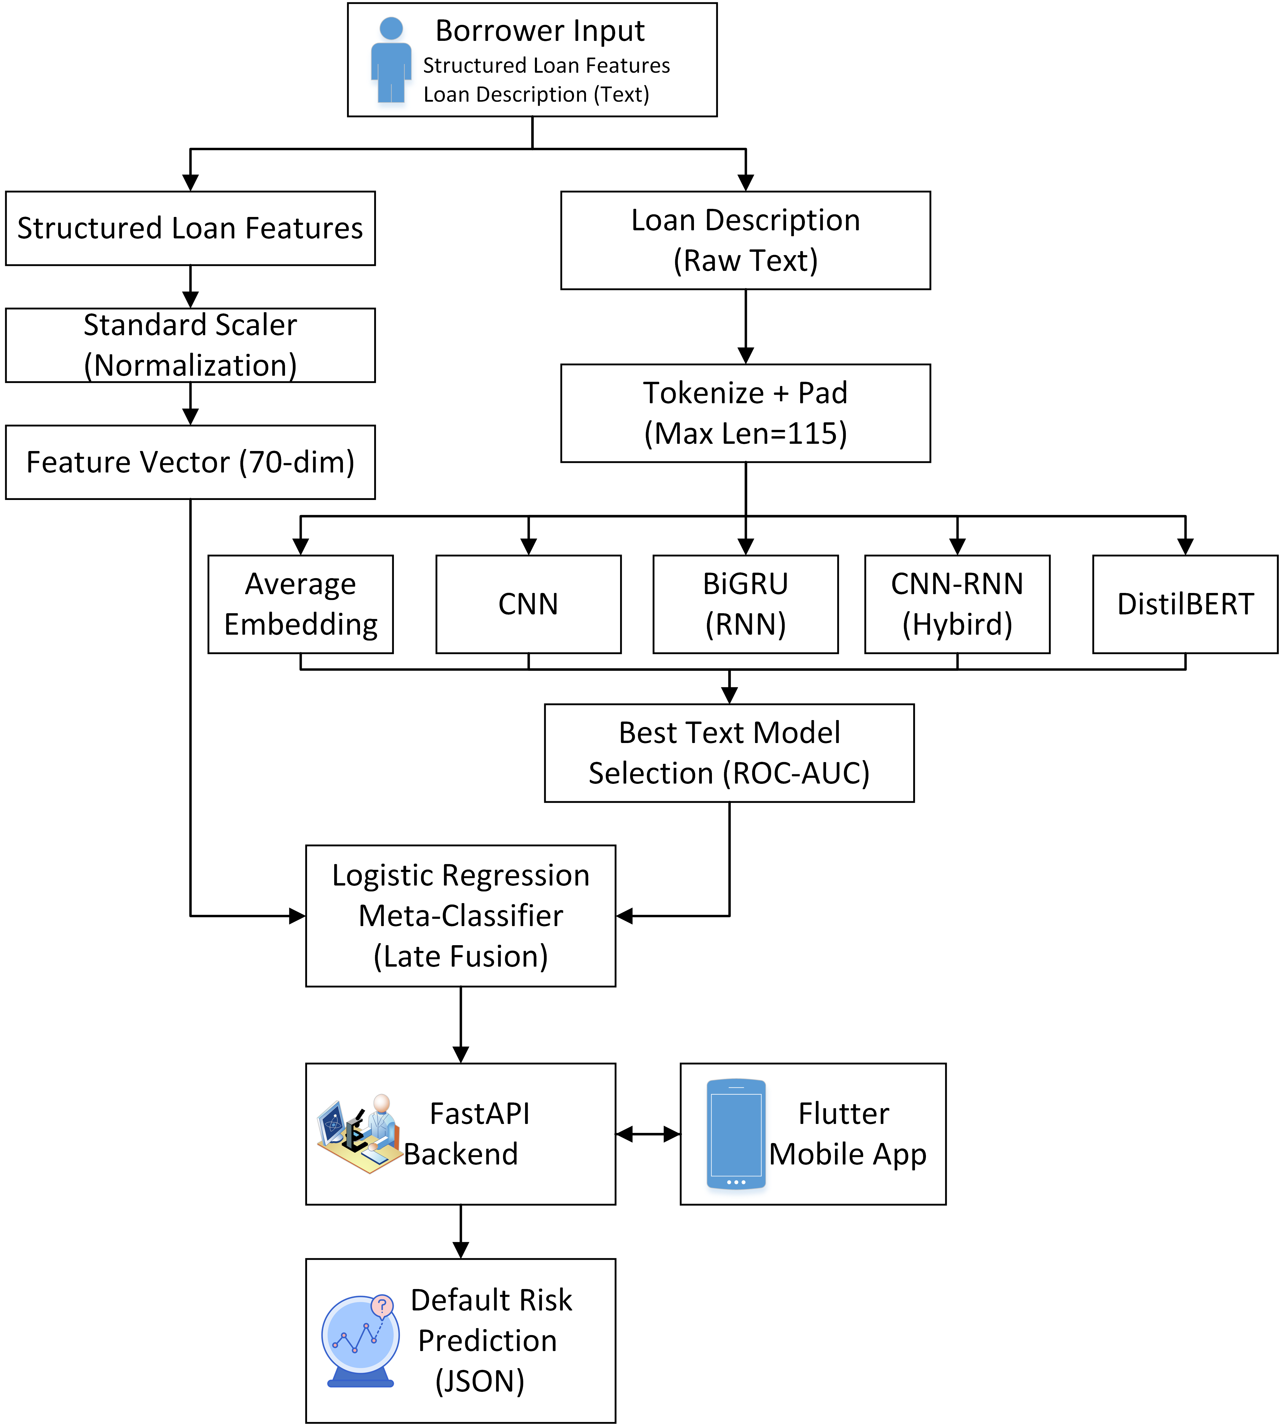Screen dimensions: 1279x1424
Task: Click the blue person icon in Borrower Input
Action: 391,61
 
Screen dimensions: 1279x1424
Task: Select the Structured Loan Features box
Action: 191,229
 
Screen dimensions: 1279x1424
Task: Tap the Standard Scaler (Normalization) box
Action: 191,345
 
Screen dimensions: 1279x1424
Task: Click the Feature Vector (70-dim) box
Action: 191,462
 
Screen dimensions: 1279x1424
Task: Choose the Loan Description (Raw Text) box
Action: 746,240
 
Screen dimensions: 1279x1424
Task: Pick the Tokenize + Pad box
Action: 746,413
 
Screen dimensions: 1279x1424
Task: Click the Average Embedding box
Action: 301,605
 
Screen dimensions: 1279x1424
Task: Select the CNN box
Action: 529,605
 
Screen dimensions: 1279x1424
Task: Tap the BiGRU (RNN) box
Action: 746,605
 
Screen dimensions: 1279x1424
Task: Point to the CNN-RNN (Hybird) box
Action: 957,605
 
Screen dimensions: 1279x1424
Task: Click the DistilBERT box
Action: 1185,605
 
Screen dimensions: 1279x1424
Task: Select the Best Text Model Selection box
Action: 730,753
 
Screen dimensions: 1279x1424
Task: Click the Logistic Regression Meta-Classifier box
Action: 461,916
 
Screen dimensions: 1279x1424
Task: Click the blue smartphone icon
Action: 736,1134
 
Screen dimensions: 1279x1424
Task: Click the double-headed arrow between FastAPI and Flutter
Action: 648,1134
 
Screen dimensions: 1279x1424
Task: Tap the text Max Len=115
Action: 746,434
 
